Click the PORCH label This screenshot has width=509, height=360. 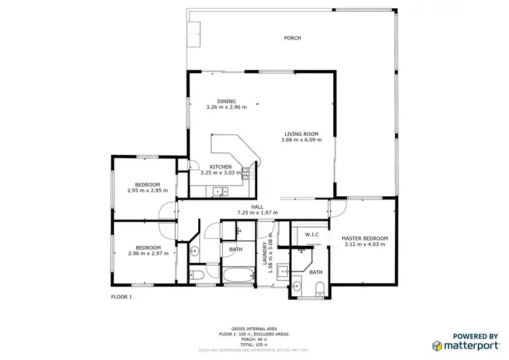click(292, 38)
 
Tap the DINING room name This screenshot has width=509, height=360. click(226, 101)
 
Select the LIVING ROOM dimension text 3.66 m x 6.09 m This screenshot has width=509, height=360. click(301, 140)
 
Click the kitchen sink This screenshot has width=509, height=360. click(219, 192)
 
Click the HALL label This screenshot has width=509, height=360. click(257, 206)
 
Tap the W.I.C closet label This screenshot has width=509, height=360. click(312, 234)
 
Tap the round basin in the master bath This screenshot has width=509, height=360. click(297, 285)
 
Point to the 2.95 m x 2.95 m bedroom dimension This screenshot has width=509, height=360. click(147, 191)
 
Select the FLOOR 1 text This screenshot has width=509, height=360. click(121, 297)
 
